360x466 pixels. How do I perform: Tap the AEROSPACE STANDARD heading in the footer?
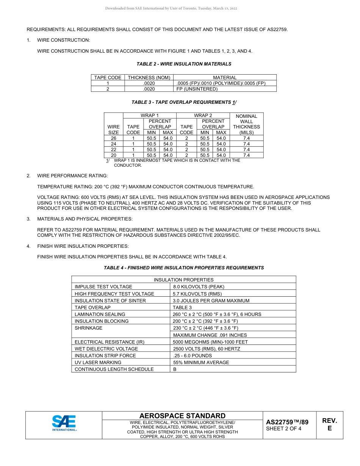(182, 416)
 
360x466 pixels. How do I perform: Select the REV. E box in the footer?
(329, 424)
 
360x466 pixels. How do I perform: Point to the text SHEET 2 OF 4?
(284, 429)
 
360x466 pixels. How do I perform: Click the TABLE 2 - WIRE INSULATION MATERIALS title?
(184, 64)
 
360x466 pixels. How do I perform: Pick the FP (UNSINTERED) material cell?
(197, 89)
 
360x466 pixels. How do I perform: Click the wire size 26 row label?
(114, 138)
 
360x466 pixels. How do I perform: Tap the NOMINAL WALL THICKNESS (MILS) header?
(246, 124)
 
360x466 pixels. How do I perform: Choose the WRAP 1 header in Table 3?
(150, 115)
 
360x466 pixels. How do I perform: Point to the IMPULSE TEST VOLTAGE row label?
(103, 287)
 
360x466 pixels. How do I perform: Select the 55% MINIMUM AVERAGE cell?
(201, 363)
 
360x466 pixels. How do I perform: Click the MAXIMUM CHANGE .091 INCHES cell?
(210, 335)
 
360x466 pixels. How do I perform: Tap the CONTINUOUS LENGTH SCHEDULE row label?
(114, 369)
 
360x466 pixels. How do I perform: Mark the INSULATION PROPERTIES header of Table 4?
(183, 280)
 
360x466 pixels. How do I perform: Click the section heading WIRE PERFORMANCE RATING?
(72, 176)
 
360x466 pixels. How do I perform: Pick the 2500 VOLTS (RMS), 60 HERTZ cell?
(206, 349)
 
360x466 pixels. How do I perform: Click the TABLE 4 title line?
(184, 268)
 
